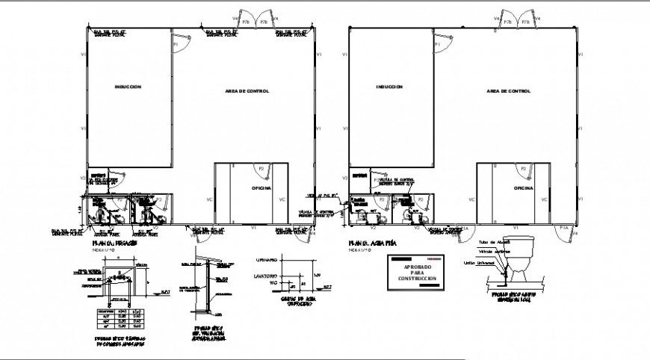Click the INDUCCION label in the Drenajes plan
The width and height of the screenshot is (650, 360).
pyautogui.click(x=128, y=87)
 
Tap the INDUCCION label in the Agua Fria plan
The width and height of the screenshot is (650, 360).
pyautogui.click(x=389, y=87)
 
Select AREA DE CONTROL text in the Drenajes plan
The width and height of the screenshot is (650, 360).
pyautogui.click(x=247, y=91)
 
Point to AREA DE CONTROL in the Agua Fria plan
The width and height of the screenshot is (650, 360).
pyautogui.click(x=508, y=91)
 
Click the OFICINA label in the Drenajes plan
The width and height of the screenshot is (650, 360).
pyautogui.click(x=261, y=189)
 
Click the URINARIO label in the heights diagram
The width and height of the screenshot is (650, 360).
pyautogui.click(x=267, y=261)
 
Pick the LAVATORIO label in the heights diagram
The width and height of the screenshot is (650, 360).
pyautogui.click(x=267, y=275)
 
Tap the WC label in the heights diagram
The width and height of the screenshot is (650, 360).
pyautogui.click(x=273, y=283)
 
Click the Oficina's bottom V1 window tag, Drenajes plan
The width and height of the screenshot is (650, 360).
pyautogui.click(x=253, y=227)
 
